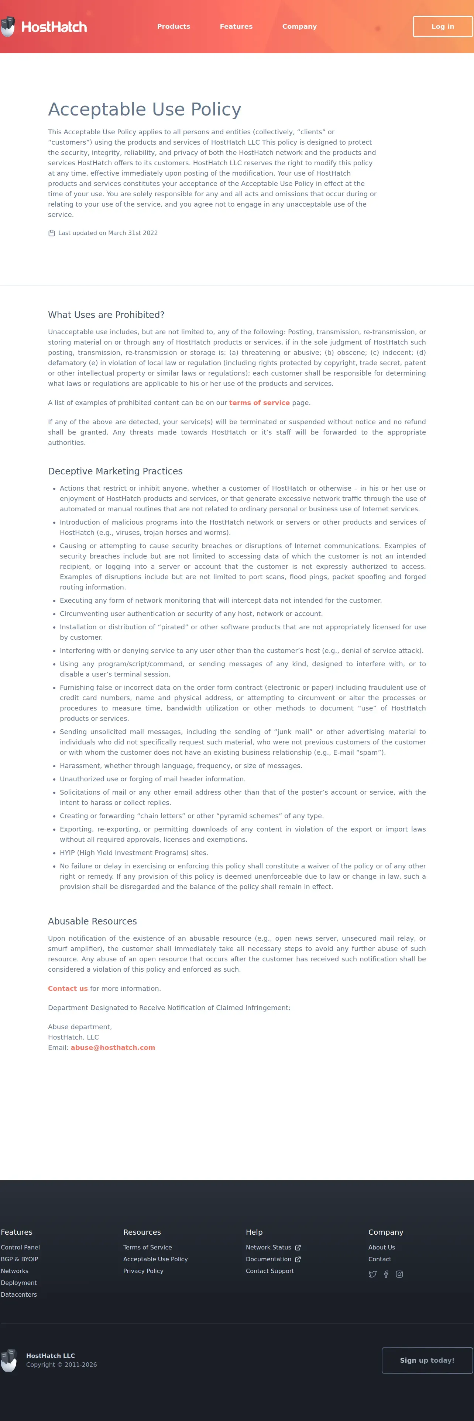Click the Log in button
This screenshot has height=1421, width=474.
tap(443, 27)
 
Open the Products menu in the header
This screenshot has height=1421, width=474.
tap(173, 27)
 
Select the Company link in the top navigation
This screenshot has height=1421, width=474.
tap(299, 27)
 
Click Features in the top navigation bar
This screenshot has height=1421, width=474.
tap(236, 27)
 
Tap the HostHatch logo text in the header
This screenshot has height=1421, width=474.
tap(54, 27)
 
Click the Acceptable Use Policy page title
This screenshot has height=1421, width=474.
tap(145, 109)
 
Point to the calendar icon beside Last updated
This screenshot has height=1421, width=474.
tap(51, 234)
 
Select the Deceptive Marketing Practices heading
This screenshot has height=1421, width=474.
tap(115, 471)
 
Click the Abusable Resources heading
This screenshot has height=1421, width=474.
tap(92, 921)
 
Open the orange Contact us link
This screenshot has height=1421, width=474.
tap(67, 989)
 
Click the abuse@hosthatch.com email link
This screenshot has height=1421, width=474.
tap(113, 1048)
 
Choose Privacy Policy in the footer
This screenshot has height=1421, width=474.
tap(143, 1271)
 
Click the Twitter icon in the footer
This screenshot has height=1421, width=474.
tap(372, 1274)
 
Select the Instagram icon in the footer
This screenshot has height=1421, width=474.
tap(399, 1274)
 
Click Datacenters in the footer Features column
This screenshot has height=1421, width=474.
tap(19, 1295)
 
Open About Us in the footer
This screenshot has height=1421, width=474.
tap(381, 1247)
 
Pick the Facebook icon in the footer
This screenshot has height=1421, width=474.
tap(386, 1274)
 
